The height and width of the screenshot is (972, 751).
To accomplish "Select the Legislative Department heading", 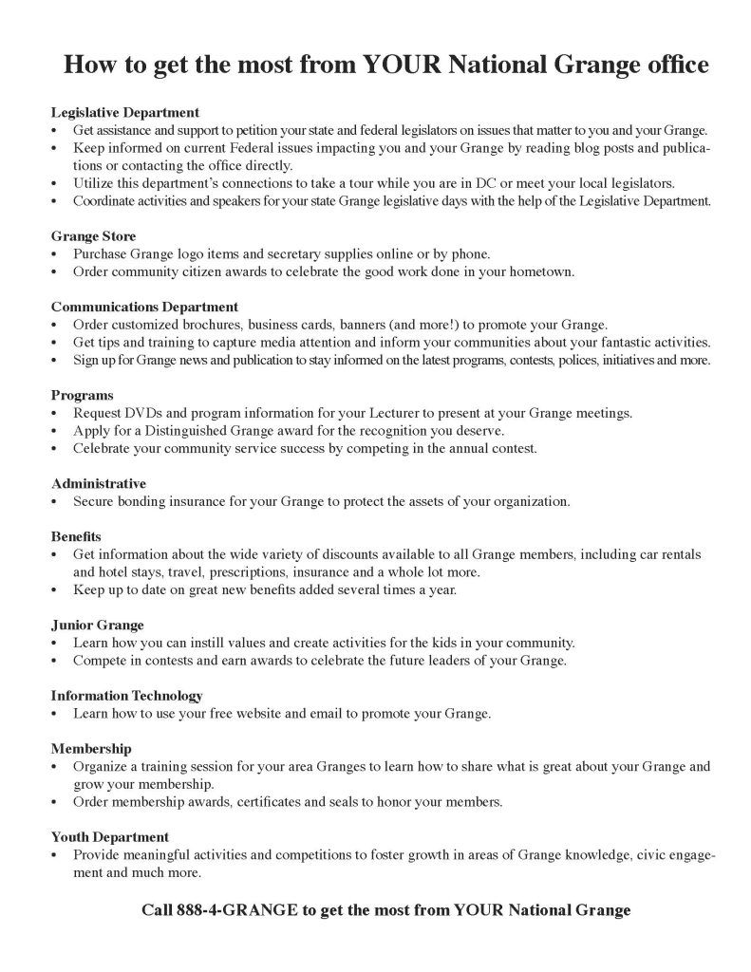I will [x=124, y=112].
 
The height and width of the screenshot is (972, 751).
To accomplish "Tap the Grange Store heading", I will [x=93, y=235].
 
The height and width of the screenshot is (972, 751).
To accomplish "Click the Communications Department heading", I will [x=144, y=307].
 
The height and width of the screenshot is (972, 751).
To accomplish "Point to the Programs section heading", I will [x=82, y=395].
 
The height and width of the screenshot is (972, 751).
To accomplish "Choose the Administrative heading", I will [x=99, y=483].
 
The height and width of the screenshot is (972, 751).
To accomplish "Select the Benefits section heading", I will [x=76, y=536].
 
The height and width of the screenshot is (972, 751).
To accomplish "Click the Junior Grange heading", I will [x=97, y=625].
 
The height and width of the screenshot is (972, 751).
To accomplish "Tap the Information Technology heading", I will [x=126, y=696].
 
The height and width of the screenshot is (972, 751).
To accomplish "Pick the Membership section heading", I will [x=91, y=749].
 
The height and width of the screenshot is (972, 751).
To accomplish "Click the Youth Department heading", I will [x=110, y=837].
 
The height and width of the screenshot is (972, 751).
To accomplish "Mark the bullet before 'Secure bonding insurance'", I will [x=56, y=501].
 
